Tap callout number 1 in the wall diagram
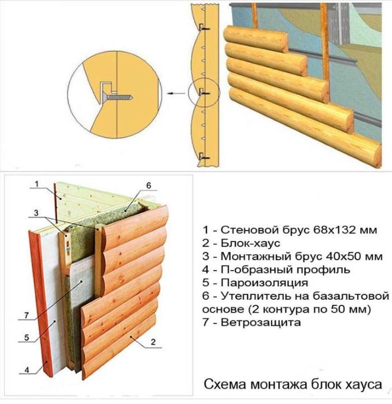[x=35, y=184]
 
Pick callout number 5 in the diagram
[x=27, y=338]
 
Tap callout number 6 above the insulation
[x=149, y=185]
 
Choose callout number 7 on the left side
[x=27, y=317]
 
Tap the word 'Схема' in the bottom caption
[x=223, y=385]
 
